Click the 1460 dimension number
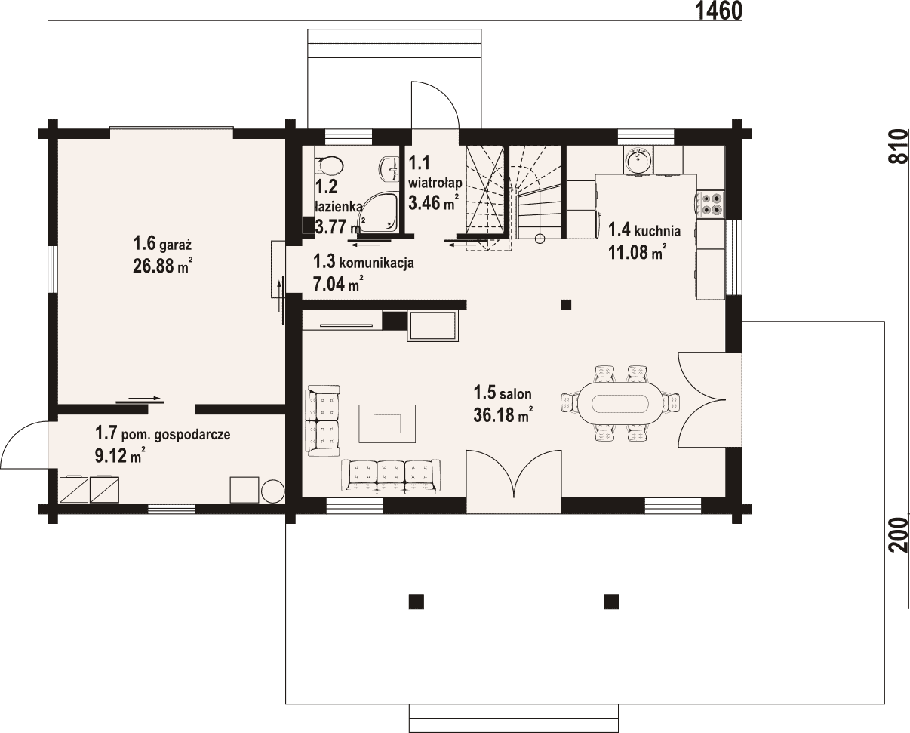pyautogui.click(x=718, y=11)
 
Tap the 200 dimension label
pyautogui.click(x=899, y=534)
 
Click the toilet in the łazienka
pyautogui.click(x=329, y=166)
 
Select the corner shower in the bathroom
pyautogui.click(x=380, y=213)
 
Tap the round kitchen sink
pyautogui.click(x=638, y=160)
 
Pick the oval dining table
pyautogui.click(x=619, y=403)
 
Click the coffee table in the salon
pyautogui.click(x=387, y=423)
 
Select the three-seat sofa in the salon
pyautogui.click(x=391, y=477)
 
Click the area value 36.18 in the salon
pyautogui.click(x=494, y=414)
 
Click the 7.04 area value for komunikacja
pyautogui.click(x=328, y=283)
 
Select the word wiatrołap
pyautogui.click(x=435, y=183)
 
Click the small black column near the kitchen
pyautogui.click(x=566, y=305)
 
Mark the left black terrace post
pyautogui.click(x=416, y=602)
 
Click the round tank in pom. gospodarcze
pyautogui.click(x=272, y=491)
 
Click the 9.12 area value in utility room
pyautogui.click(x=111, y=456)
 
